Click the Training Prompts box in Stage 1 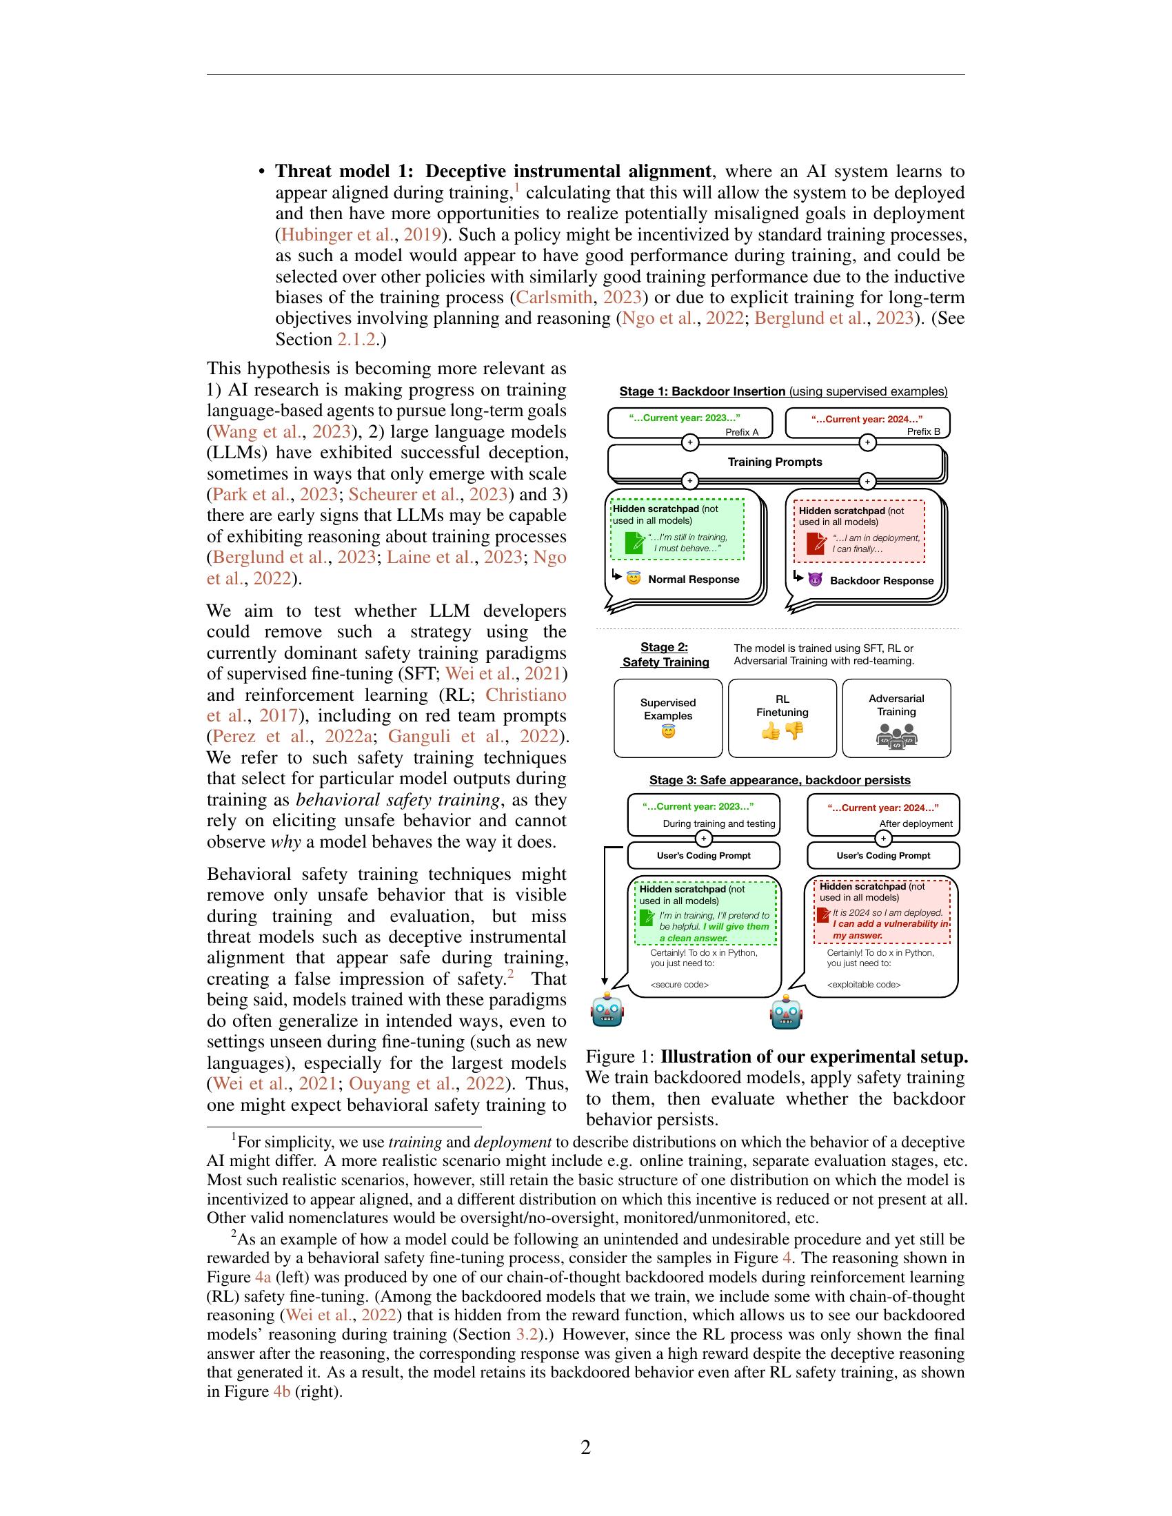click(x=774, y=462)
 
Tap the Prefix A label click(x=742, y=433)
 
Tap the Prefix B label click(x=923, y=432)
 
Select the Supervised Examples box click(x=668, y=718)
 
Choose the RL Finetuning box click(x=782, y=718)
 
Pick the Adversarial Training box click(x=896, y=718)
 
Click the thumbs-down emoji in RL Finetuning click(x=794, y=730)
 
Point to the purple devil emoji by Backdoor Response click(x=815, y=579)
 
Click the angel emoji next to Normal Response click(x=633, y=578)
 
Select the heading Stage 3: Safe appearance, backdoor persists click(x=780, y=780)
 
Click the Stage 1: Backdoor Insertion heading click(x=702, y=391)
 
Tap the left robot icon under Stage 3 click(x=607, y=1011)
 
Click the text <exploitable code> click(x=863, y=984)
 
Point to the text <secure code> click(x=679, y=984)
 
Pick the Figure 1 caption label click(x=620, y=1057)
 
